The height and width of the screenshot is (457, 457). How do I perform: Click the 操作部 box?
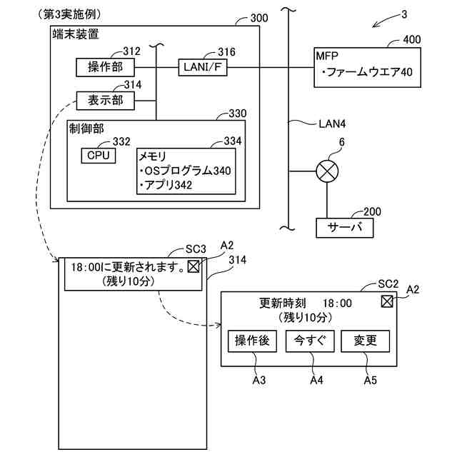pyautogui.click(x=105, y=67)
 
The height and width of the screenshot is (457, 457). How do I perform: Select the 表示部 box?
pyautogui.click(x=105, y=101)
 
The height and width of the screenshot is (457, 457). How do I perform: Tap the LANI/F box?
pyautogui.click(x=203, y=67)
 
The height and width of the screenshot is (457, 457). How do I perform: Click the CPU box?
pyautogui.click(x=99, y=156)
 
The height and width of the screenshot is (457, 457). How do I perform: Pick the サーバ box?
pyautogui.click(x=344, y=228)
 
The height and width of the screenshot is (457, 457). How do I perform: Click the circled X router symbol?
pyautogui.click(x=327, y=171)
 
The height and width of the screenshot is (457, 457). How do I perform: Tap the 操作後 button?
pyautogui.click(x=252, y=341)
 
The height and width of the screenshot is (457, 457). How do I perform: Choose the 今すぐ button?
pyautogui.click(x=309, y=341)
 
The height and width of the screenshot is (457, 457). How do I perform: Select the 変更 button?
pyautogui.click(x=365, y=341)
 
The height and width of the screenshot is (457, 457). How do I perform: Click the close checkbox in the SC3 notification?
pyautogui.click(x=194, y=266)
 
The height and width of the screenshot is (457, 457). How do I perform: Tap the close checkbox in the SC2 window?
pyautogui.click(x=387, y=301)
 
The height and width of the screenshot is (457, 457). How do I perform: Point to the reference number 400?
pyautogui.click(x=411, y=40)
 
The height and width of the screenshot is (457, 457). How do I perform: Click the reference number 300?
pyautogui.click(x=259, y=18)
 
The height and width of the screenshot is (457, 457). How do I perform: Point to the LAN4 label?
pyautogui.click(x=332, y=124)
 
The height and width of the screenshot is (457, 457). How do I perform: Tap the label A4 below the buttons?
pyautogui.click(x=316, y=380)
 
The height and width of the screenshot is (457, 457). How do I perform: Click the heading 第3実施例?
pyautogui.click(x=70, y=14)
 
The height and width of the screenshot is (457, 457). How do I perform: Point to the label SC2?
pyautogui.click(x=388, y=284)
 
